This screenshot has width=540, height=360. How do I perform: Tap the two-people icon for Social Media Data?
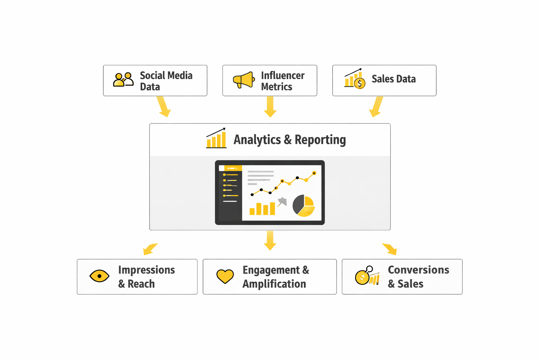[x=123, y=79]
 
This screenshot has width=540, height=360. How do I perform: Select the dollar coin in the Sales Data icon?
[x=360, y=83]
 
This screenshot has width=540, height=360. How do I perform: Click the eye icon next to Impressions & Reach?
[x=99, y=276]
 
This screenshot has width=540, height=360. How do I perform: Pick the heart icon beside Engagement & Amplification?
[x=225, y=276]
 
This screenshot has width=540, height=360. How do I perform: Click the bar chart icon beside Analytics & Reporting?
[x=216, y=138]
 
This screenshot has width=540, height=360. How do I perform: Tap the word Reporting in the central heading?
[x=320, y=140]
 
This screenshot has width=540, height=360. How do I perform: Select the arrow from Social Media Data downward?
[x=164, y=107]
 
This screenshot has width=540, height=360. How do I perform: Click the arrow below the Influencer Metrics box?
[x=270, y=107]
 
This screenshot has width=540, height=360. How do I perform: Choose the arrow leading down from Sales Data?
[x=376, y=107]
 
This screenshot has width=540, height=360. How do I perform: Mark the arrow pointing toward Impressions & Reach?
[x=150, y=249]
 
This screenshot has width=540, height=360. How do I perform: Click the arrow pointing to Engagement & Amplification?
[x=270, y=240]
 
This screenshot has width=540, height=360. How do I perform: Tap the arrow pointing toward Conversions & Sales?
[x=390, y=249]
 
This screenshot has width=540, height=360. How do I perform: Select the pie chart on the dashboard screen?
[x=304, y=206]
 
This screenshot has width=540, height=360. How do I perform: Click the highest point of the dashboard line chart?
[x=314, y=173]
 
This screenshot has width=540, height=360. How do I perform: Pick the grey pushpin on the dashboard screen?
[x=282, y=201]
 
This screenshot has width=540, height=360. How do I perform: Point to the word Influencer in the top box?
[x=283, y=76]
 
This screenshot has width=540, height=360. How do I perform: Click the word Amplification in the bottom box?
[x=274, y=284]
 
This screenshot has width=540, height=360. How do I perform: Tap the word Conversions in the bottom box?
[x=418, y=270]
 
